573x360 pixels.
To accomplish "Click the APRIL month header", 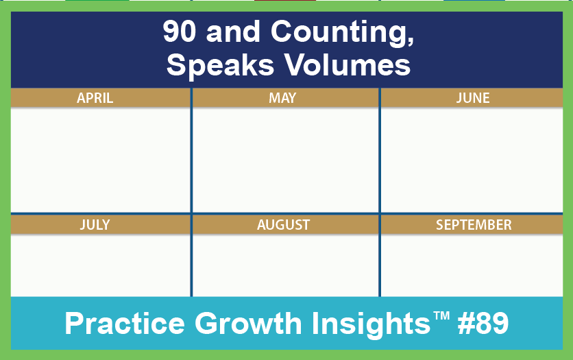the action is click(95, 98).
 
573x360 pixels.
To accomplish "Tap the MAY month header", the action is click(282, 98).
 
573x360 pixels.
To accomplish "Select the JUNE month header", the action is click(473, 98).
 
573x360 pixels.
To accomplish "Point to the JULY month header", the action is click(95, 224).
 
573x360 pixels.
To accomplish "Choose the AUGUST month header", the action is click(284, 224).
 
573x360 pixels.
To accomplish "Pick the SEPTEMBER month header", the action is click(474, 224).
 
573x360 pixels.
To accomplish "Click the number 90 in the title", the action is click(180, 32).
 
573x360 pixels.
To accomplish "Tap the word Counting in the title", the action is click(342, 32).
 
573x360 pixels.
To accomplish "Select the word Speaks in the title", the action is click(220, 65).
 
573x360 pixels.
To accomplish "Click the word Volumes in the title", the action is click(348, 64).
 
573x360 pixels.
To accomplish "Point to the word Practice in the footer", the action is click(125, 323).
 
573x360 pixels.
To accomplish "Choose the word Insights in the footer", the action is click(371, 324).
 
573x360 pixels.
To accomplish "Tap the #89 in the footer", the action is click(483, 323).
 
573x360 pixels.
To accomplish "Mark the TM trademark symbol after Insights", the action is click(441, 315).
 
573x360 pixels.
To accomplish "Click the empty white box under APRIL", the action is click(101, 159).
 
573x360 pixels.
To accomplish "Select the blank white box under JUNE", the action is click(472, 159).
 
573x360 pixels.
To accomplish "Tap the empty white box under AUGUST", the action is click(285, 265).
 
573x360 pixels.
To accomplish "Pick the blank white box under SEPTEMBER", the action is click(472, 265).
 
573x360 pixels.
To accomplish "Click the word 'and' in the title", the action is click(233, 32).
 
